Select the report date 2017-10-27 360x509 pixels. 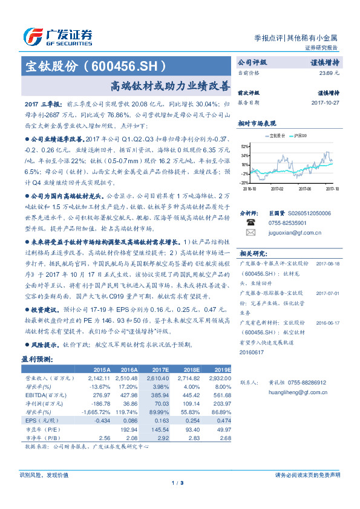pos(326,103)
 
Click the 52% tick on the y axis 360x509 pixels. pos(244,146)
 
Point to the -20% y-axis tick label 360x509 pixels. pos(243,182)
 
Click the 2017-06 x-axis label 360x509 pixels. pos(305,189)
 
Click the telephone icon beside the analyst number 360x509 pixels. pos(250,222)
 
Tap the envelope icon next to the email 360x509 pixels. pos(250,232)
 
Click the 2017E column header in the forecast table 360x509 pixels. pos(160,369)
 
